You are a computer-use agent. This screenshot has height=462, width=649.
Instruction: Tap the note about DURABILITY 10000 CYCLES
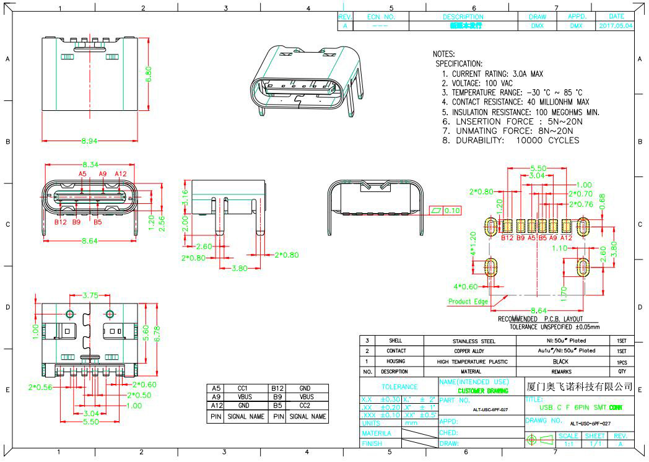510,141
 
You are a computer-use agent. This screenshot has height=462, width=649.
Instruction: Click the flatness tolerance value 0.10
453,211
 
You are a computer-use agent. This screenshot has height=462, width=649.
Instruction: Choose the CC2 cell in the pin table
305,407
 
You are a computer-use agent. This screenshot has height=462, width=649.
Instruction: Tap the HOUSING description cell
395,362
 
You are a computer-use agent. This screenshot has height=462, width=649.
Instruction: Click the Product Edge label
468,302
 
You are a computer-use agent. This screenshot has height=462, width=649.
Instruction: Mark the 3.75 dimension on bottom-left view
90,295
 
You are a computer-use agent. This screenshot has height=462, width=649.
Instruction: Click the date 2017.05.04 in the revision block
616,26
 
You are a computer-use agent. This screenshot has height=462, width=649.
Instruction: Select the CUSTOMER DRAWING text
482,391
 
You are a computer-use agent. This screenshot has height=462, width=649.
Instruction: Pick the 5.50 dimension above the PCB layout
539,168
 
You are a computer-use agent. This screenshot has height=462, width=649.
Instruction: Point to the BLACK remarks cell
560,361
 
